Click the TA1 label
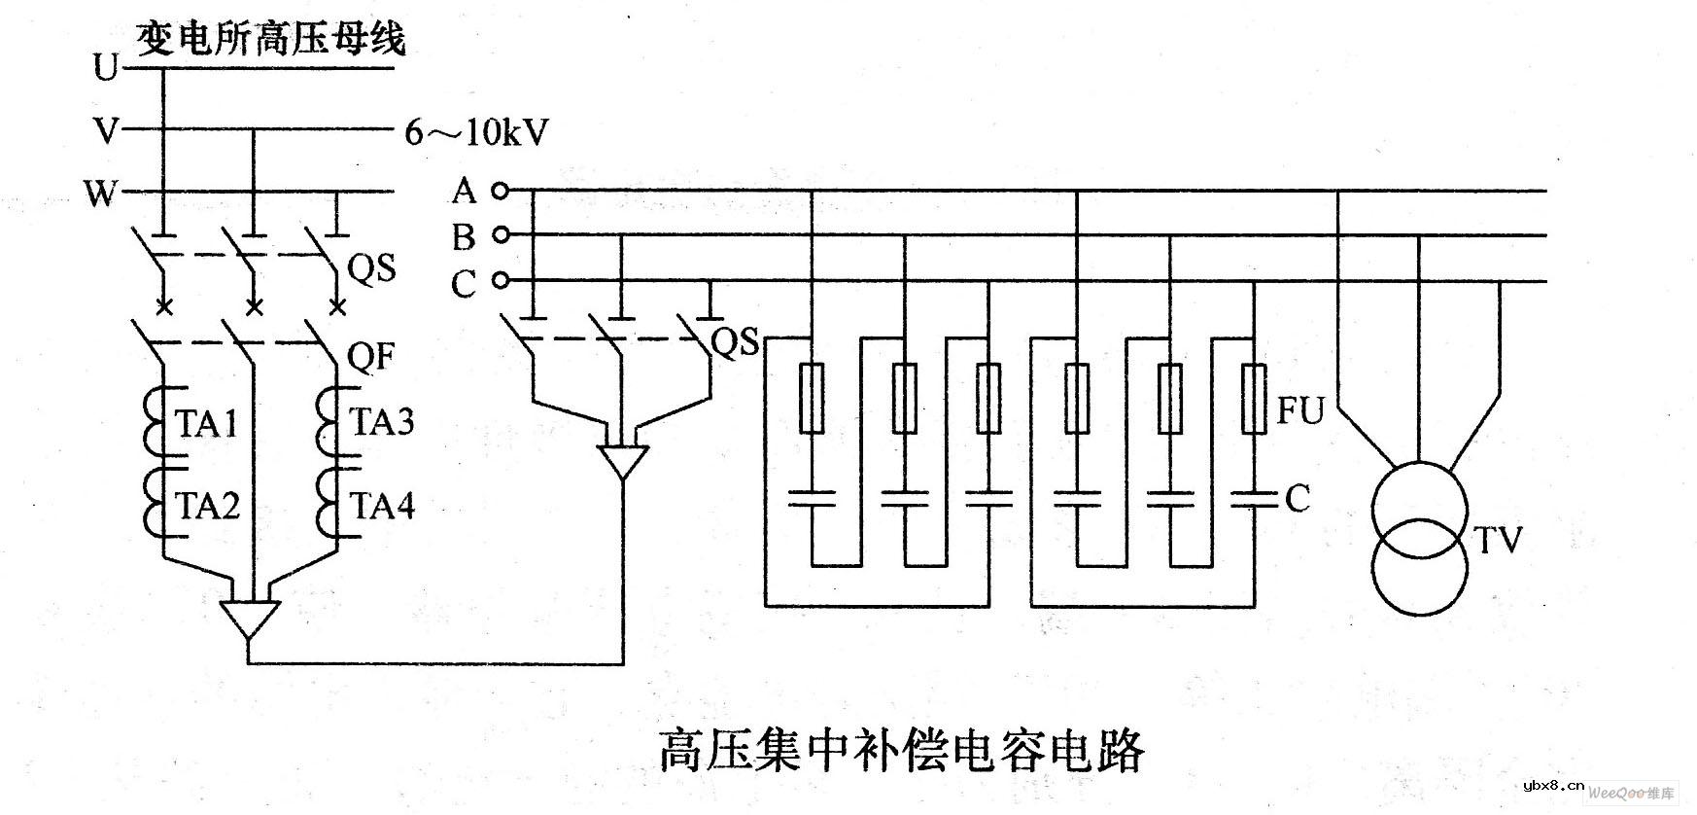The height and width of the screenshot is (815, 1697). click(206, 424)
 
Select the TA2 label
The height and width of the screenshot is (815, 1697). click(206, 507)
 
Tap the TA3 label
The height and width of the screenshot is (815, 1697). click(382, 422)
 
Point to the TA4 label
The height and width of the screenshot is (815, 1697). click(382, 506)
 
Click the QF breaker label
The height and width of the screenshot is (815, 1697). click(371, 357)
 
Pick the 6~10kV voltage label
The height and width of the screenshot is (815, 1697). click(476, 132)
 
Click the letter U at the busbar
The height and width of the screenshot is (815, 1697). click(105, 68)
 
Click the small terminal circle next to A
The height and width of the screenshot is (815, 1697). click(500, 191)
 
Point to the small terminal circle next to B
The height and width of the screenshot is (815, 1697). click(500, 235)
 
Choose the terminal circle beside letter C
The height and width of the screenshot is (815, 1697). click(500, 281)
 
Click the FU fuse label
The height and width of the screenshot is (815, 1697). click(1299, 411)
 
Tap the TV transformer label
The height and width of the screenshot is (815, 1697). click(1497, 541)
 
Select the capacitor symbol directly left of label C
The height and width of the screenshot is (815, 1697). click(1255, 500)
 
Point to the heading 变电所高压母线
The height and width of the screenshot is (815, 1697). click(270, 40)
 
